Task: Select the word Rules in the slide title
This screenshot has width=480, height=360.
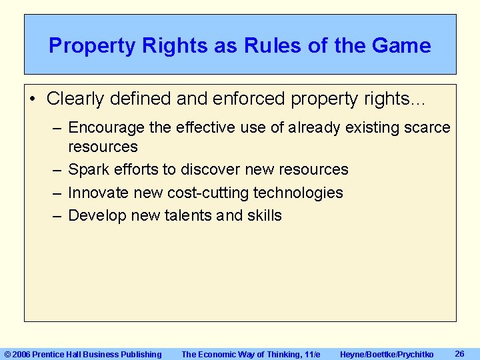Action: pos(263,46)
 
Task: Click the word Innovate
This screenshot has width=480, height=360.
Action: pos(100,193)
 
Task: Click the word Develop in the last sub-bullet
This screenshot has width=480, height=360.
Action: pos(97,215)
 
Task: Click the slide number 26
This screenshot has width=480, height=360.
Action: pos(459,353)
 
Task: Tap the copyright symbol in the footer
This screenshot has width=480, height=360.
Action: pos(8,355)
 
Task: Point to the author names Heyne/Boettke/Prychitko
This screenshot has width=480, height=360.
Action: pos(387,355)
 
